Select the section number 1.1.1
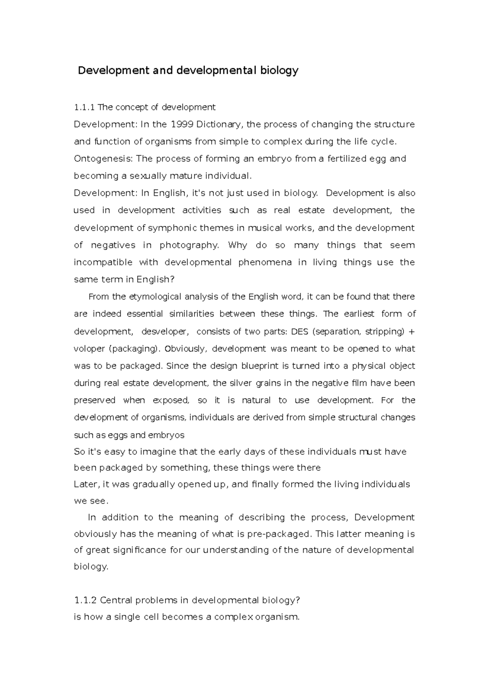(x=84, y=108)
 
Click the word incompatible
(x=103, y=262)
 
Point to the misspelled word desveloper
(x=165, y=332)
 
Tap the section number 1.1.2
(x=86, y=600)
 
